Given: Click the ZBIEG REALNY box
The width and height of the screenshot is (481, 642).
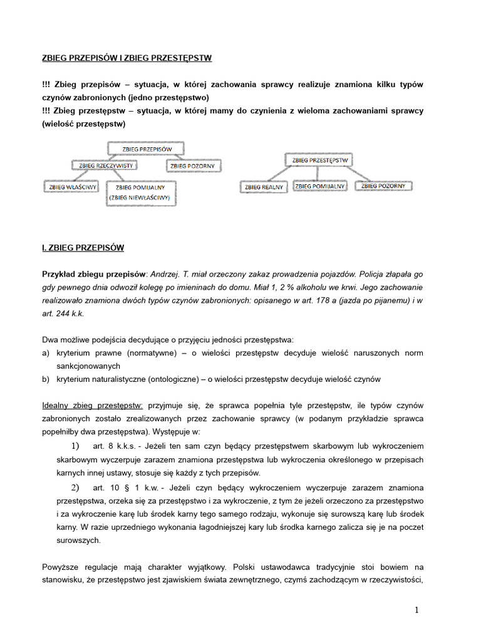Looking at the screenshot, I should tap(263, 187).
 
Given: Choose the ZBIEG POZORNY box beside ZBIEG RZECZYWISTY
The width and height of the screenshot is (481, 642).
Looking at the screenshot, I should tap(192, 166).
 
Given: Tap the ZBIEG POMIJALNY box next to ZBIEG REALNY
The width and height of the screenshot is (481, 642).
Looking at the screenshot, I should tap(320, 186).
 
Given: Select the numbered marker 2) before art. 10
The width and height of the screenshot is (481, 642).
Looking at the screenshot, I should tap(75, 487).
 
